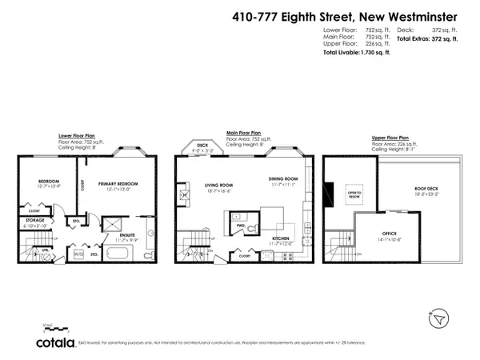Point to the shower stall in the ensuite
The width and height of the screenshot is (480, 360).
pos(113,222)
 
